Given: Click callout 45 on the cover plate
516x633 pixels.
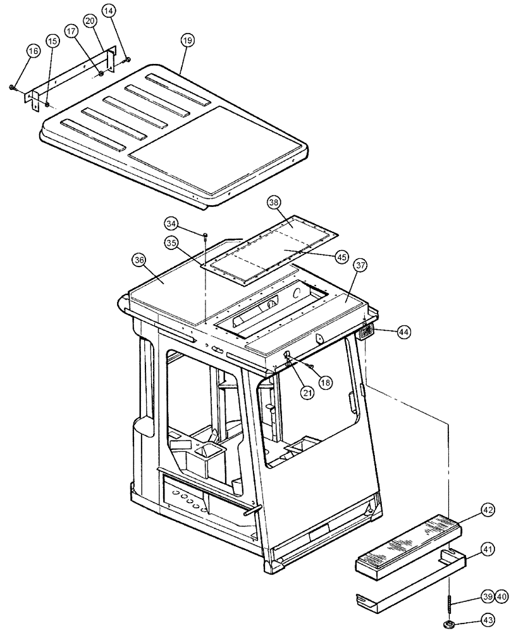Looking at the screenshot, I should click(342, 256).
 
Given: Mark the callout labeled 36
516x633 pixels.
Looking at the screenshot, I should click(139, 259).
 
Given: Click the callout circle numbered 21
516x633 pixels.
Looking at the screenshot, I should click(307, 392).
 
